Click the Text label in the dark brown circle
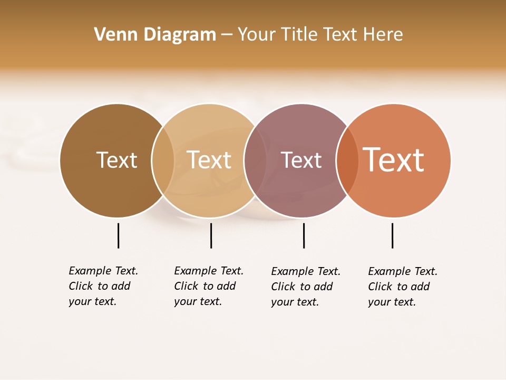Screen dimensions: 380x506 coord(116,160)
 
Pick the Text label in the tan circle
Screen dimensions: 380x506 coord(209,160)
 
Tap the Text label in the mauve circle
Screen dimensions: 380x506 coord(301,160)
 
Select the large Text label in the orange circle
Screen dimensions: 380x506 coord(393,160)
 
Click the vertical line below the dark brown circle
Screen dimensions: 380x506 coord(118,235)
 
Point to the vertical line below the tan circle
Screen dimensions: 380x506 coord(211,235)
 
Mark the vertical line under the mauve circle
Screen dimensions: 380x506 coord(304,235)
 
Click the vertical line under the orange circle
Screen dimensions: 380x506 coord(392,235)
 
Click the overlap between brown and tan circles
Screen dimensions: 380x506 coord(163,160)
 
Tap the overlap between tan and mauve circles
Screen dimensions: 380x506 coord(255,160)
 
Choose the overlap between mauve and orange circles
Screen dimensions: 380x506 coord(347,160)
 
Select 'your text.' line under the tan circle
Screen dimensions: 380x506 coord(198,301)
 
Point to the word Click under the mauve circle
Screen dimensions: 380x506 coord(283,287)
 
